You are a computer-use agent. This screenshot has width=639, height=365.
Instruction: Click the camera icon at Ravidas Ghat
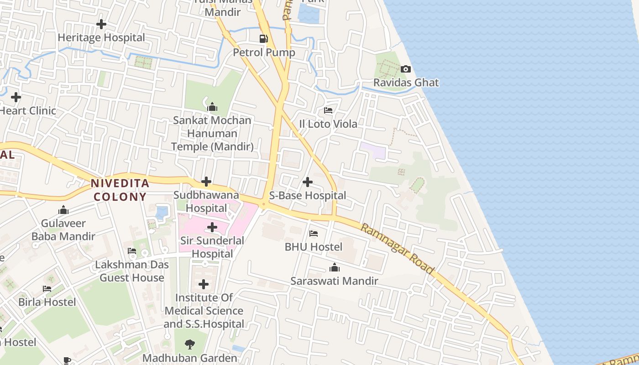pyautogui.click(x=405, y=69)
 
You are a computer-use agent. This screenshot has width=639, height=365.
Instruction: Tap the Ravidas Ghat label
pyautogui.click(x=406, y=83)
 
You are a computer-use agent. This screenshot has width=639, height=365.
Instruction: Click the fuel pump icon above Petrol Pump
pyautogui.click(x=263, y=39)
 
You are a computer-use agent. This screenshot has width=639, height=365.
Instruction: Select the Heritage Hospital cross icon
pyautogui.click(x=101, y=24)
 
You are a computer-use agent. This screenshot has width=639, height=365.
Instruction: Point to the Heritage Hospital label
pyautogui.click(x=101, y=37)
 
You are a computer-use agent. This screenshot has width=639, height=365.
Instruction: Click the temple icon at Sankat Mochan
pyautogui.click(x=212, y=107)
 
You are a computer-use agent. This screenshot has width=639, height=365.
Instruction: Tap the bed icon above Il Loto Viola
pyautogui.click(x=328, y=110)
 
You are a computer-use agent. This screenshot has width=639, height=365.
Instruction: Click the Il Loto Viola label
pyautogui.click(x=328, y=124)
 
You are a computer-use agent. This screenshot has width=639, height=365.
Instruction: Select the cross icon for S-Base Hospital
pyautogui.click(x=308, y=182)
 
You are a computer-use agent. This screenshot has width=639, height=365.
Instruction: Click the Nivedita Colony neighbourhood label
pyautogui.click(x=120, y=190)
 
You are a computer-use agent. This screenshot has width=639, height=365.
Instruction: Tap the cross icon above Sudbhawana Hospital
pyautogui.click(x=206, y=182)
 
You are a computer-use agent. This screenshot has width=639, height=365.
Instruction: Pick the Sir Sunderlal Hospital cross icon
pyautogui.click(x=212, y=227)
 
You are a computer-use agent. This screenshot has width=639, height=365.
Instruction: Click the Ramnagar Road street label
pyautogui.click(x=397, y=249)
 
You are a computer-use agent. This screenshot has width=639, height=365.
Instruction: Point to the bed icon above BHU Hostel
pyautogui.click(x=314, y=234)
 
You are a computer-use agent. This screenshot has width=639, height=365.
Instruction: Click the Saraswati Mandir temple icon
pyautogui.click(x=335, y=267)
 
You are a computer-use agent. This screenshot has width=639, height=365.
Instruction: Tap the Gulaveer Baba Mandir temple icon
pyautogui.click(x=63, y=210)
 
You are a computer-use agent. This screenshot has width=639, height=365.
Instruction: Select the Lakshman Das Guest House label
pyautogui.click(x=132, y=271)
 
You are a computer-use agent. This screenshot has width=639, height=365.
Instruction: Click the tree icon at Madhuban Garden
pyautogui.click(x=190, y=344)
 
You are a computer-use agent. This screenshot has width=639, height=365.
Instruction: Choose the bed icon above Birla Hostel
pyautogui.click(x=47, y=289)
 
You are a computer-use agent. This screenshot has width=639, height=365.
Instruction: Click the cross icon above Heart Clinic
pyautogui.click(x=16, y=97)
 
